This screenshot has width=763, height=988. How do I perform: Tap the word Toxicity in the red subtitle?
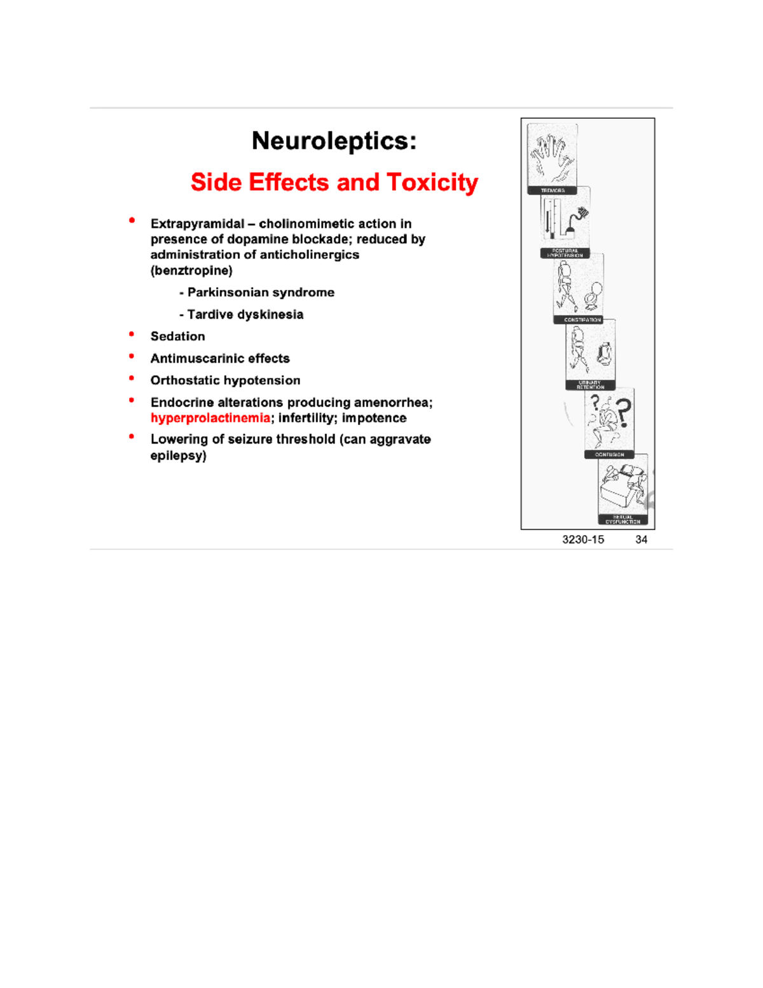(x=432, y=183)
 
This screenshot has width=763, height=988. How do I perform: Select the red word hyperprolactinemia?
(x=210, y=418)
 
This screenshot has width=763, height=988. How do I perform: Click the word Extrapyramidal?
(x=197, y=224)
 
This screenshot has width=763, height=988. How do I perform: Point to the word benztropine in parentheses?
(x=191, y=270)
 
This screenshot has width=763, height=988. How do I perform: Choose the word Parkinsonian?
(x=228, y=293)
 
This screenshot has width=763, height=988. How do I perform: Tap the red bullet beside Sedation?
(x=132, y=334)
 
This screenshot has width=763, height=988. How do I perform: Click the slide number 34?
(x=641, y=539)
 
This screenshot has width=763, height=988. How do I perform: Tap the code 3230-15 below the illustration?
(x=583, y=539)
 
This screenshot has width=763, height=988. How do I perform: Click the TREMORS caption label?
(x=552, y=190)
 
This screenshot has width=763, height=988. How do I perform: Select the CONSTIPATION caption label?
(x=582, y=320)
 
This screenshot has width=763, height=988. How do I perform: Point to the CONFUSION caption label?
(x=609, y=455)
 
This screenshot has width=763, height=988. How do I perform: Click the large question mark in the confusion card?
(x=623, y=413)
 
